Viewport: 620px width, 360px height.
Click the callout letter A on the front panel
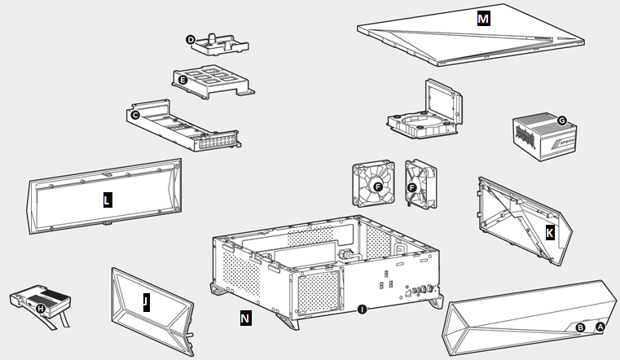click(600, 326)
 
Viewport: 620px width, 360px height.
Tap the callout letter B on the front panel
click(580, 327)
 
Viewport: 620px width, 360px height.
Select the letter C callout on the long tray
click(135, 116)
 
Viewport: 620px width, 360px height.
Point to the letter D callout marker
click(191, 38)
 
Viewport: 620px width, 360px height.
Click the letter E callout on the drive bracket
click(183, 79)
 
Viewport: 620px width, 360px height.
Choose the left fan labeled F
click(376, 187)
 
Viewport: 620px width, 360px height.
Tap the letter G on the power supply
click(561, 120)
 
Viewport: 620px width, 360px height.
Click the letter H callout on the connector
click(41, 307)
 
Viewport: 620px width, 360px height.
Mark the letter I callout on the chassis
click(361, 309)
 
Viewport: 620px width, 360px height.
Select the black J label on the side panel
click(145, 303)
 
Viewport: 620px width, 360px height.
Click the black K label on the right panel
click(550, 233)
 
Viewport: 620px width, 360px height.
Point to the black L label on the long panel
click(107, 200)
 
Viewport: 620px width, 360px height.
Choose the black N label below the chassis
click(245, 318)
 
